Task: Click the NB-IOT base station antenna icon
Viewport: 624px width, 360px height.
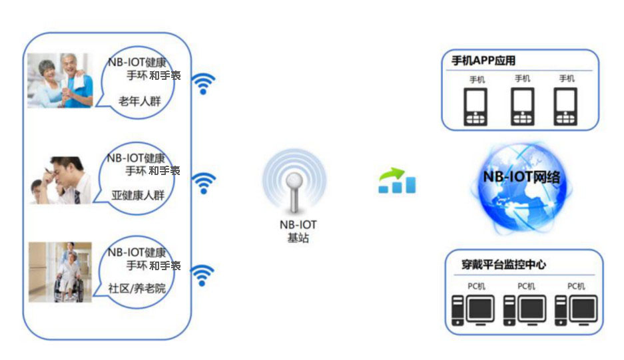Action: click(294, 182)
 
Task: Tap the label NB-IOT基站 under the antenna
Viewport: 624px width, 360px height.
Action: click(298, 231)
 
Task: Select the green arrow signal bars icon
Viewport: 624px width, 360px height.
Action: click(397, 180)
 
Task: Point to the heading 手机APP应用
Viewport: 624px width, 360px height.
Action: click(483, 61)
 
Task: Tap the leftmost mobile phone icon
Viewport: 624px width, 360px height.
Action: click(475, 106)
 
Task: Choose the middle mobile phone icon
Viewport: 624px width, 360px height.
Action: click(522, 106)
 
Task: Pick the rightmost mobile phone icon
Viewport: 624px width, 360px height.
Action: click(565, 106)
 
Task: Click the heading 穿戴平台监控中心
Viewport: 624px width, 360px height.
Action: click(503, 265)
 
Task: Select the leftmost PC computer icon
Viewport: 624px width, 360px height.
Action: click(473, 310)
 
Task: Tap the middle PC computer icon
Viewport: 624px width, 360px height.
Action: click(525, 310)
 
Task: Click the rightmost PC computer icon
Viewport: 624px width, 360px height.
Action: click(576, 310)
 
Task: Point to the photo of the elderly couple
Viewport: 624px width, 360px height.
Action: click(60, 81)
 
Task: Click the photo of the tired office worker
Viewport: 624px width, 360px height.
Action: click(60, 180)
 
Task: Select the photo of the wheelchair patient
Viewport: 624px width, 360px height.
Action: click(60, 272)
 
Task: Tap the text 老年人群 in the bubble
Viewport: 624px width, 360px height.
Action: click(140, 101)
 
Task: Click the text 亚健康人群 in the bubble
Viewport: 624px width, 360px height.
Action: click(138, 195)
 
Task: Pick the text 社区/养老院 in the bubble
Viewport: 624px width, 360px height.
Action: click(137, 288)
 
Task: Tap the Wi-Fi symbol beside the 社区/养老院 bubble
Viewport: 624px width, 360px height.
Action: click(202, 275)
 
